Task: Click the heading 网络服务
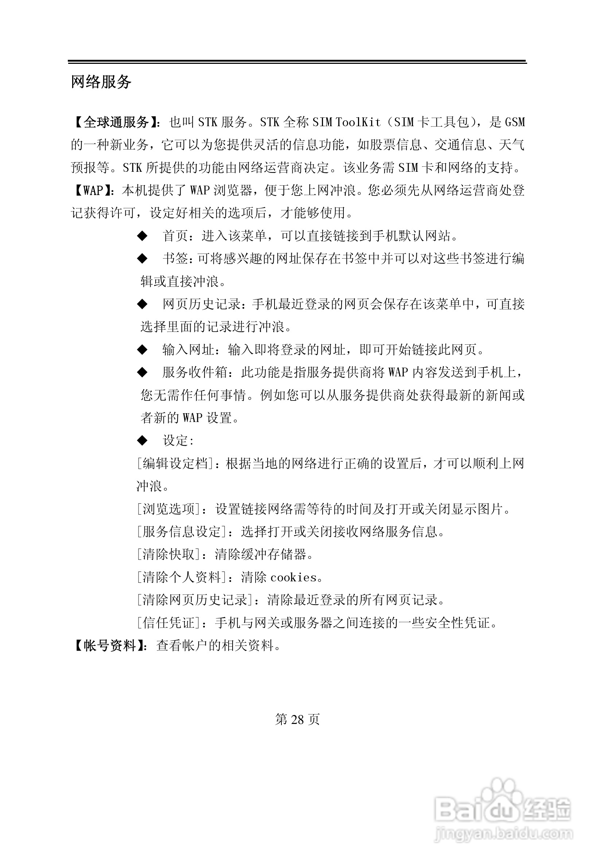click(x=101, y=82)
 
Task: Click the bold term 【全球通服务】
click(x=116, y=122)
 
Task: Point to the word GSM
click(x=515, y=122)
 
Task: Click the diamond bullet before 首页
click(x=142, y=236)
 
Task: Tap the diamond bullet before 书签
click(x=142, y=259)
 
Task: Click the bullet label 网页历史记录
click(x=202, y=304)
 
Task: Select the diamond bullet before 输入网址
click(x=142, y=350)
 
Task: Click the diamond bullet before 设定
click(x=142, y=441)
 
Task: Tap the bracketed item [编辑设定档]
click(x=175, y=463)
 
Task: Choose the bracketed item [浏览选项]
click(x=168, y=509)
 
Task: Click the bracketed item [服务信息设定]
click(x=182, y=531)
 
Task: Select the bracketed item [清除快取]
click(x=168, y=554)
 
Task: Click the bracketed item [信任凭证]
click(x=168, y=623)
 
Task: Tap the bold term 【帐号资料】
click(x=109, y=645)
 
